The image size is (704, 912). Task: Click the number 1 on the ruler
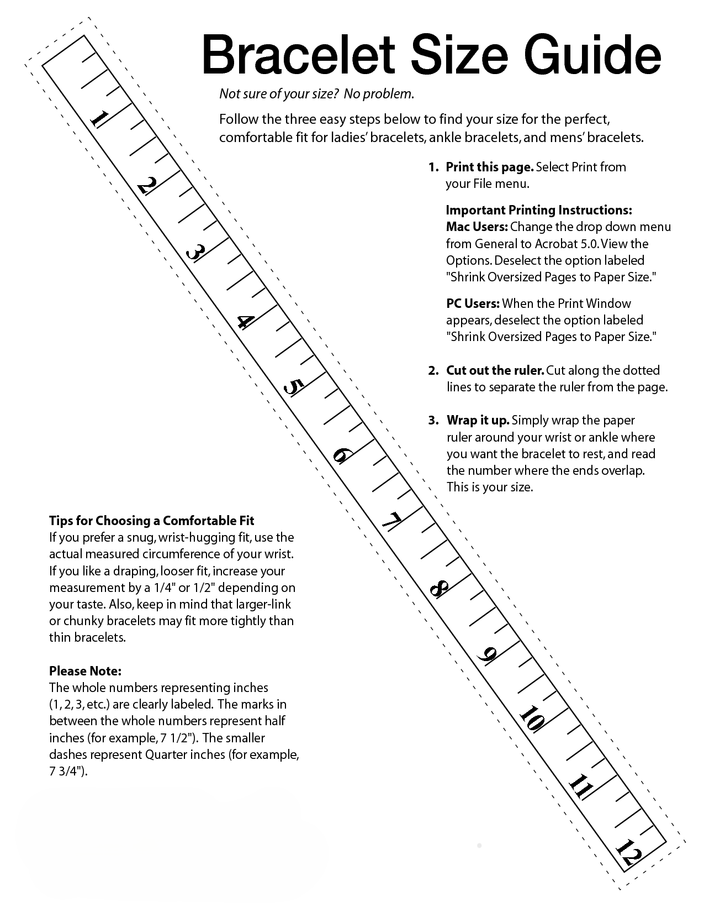coord(100,119)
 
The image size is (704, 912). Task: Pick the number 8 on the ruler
coord(439,589)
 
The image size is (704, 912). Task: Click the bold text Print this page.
coord(489,167)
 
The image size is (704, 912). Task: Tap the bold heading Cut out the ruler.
coord(495,370)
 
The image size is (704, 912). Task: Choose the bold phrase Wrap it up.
coord(478,420)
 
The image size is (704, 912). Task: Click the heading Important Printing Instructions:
coord(539,210)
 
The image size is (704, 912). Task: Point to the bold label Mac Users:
coord(477,227)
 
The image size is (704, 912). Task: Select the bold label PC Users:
coord(473,303)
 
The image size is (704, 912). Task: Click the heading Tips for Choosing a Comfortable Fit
coord(152,521)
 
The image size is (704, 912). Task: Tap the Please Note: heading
coord(85,671)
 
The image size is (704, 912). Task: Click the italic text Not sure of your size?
coord(279,94)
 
